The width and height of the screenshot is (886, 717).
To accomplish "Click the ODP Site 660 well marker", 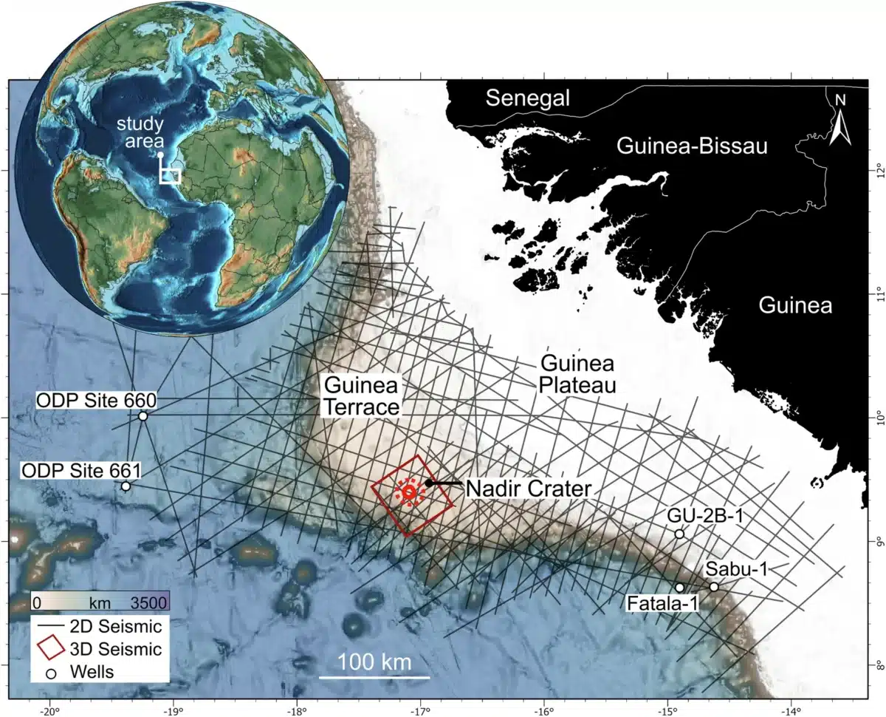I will [143, 416].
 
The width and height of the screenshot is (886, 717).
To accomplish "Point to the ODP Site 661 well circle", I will [126, 486].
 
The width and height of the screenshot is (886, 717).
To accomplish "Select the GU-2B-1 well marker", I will [679, 534].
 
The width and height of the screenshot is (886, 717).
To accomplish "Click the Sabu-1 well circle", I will [714, 587].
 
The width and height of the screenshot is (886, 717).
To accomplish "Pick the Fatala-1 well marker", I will [680, 588].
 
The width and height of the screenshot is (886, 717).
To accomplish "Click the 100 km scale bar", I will [374, 676].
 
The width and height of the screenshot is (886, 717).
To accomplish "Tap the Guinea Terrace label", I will [361, 395].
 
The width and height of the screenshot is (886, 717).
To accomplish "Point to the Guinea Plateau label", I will [578, 374].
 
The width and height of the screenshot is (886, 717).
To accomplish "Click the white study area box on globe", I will [171, 175].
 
